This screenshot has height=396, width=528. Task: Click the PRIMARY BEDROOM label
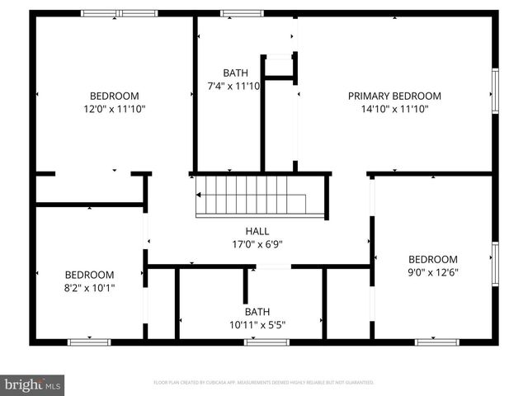click(394, 96)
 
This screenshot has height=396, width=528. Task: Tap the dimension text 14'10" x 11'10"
click(394, 109)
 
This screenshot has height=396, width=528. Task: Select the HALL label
click(257, 232)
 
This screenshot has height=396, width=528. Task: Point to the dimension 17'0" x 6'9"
click(257, 244)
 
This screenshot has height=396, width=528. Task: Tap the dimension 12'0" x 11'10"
click(114, 109)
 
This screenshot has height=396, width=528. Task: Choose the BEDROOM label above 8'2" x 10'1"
click(90, 275)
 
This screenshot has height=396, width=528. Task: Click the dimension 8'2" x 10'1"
click(90, 288)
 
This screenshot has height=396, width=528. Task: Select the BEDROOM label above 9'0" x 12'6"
click(433, 259)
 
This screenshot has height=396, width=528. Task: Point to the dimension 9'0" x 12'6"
click(433, 272)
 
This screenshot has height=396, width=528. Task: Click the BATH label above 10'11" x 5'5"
click(257, 312)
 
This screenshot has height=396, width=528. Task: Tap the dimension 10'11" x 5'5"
click(257, 324)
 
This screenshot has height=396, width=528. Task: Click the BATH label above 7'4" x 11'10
click(235, 73)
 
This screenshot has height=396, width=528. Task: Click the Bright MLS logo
click(33, 384)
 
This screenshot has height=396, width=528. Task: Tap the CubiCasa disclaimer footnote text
click(264, 383)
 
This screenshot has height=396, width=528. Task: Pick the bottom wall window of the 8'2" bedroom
click(89, 342)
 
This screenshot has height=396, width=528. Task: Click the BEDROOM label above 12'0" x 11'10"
click(114, 96)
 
